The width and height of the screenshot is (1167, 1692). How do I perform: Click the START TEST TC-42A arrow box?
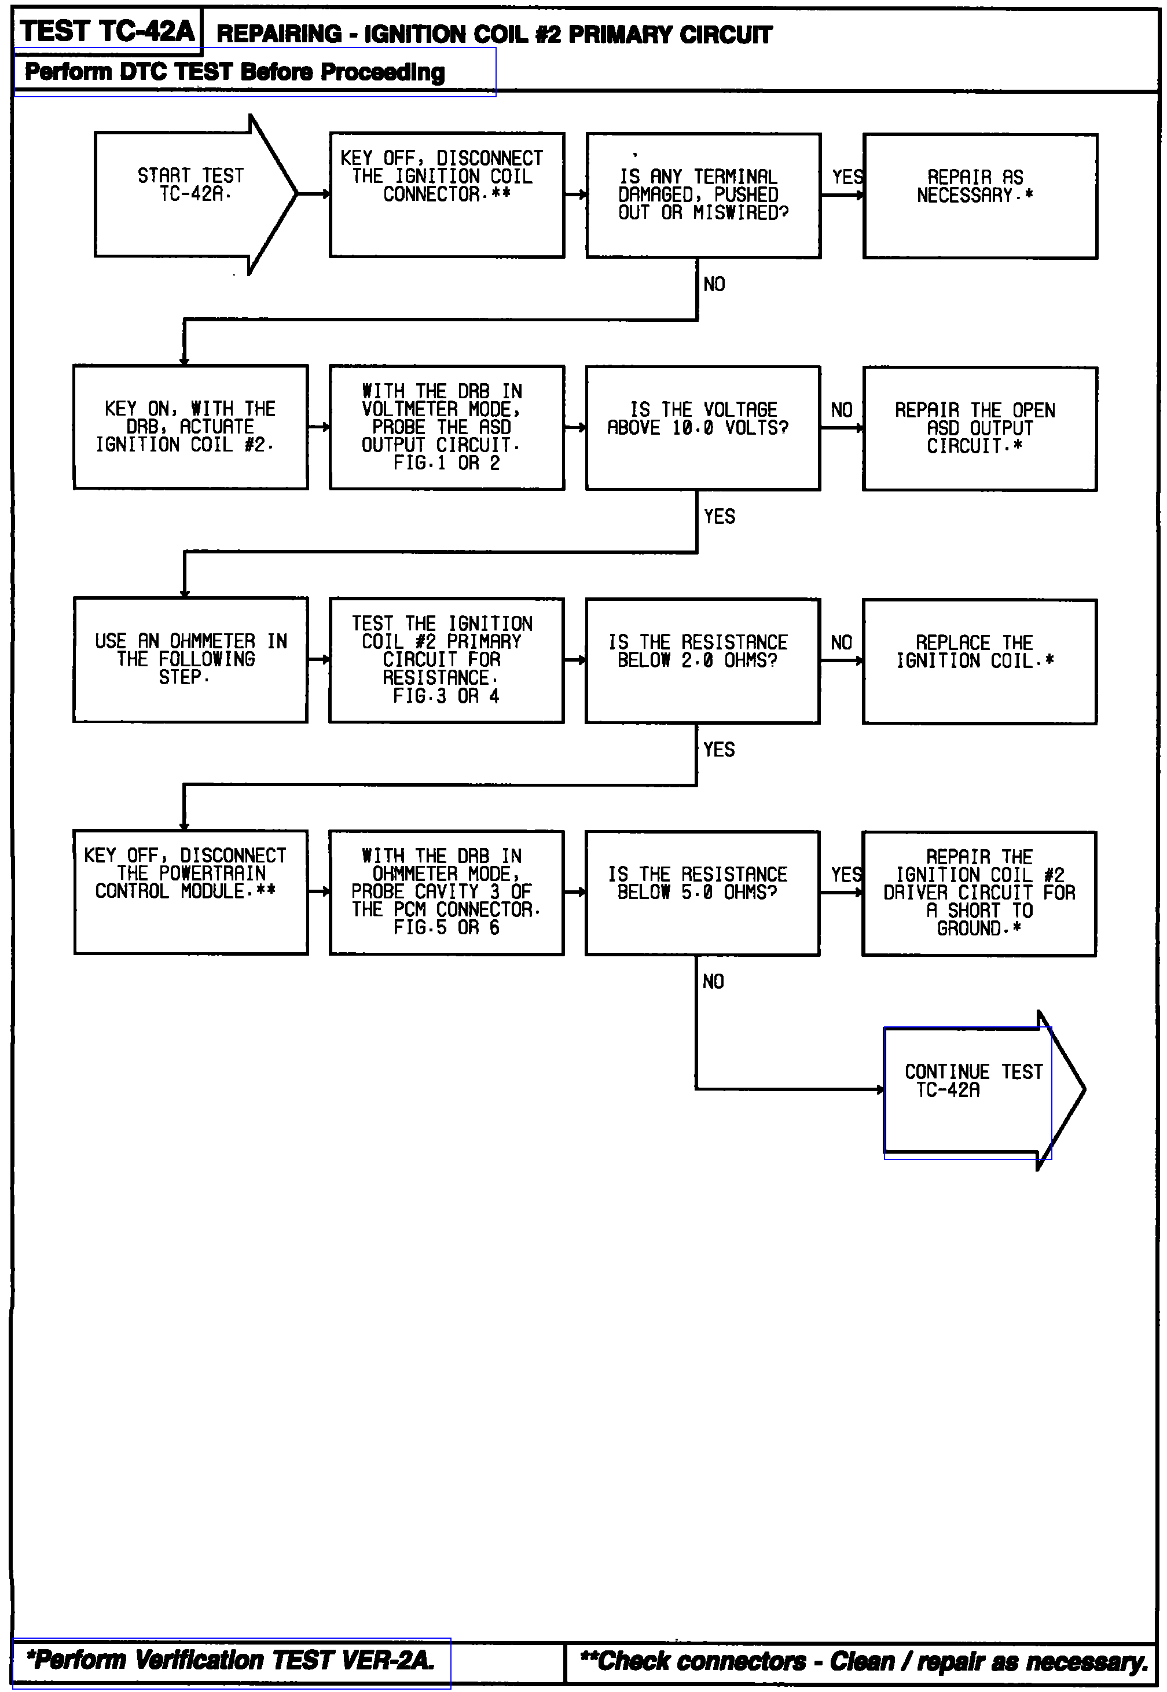(190, 194)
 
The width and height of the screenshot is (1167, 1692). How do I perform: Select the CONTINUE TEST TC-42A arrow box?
(973, 1089)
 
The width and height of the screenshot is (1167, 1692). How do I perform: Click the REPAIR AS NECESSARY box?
(980, 196)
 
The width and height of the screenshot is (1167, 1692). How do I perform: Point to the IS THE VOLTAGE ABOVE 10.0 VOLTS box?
(702, 428)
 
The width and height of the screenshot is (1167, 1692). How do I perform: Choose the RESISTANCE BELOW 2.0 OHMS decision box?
(702, 660)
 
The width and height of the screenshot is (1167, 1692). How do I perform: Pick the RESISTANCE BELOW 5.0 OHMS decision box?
(702, 892)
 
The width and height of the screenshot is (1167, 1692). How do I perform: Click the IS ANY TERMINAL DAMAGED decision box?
(703, 195)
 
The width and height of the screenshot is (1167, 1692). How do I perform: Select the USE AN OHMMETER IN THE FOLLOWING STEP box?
(190, 659)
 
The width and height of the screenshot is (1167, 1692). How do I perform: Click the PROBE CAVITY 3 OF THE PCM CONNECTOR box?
(446, 892)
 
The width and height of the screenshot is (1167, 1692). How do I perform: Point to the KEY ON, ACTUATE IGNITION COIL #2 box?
(190, 427)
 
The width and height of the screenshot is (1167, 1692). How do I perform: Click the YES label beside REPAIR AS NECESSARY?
(847, 177)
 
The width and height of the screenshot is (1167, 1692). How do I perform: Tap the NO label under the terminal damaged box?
(714, 284)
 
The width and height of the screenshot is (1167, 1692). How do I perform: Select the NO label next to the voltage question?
(842, 410)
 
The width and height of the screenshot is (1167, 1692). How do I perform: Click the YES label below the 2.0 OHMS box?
(719, 750)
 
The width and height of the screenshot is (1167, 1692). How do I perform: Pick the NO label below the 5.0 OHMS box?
(713, 981)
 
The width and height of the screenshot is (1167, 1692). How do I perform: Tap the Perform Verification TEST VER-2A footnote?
(231, 1660)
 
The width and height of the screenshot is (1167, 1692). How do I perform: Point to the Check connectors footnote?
(864, 1661)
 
